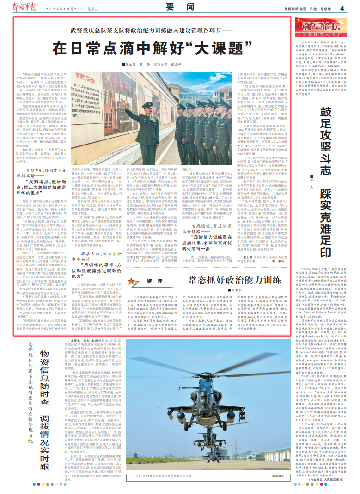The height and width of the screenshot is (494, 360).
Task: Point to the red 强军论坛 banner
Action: pos(320,27)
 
